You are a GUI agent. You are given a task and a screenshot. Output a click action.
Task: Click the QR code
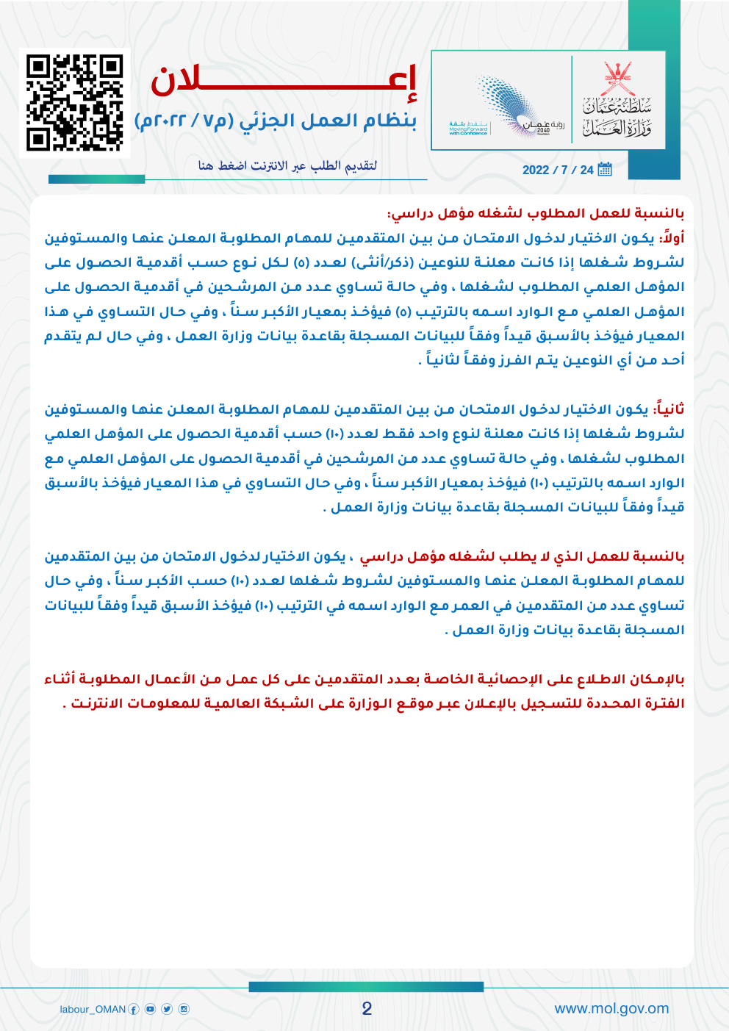(74, 103)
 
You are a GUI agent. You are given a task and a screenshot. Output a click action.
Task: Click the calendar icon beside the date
(605, 170)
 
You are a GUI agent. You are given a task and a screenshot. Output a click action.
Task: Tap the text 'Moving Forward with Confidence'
(468, 130)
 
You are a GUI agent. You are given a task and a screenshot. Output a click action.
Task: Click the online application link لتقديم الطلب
(287, 165)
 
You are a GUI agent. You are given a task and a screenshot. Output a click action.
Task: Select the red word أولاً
(672, 238)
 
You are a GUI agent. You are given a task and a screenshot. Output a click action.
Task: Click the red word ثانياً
(669, 409)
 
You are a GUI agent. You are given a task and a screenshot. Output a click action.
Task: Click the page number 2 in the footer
(367, 1008)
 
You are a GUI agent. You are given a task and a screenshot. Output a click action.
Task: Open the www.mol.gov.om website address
(611, 1008)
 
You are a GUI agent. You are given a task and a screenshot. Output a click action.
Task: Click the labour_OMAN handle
(93, 1009)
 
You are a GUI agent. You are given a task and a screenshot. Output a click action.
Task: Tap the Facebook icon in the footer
(134, 1009)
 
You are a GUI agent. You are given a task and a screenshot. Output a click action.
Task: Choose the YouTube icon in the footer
(150, 1009)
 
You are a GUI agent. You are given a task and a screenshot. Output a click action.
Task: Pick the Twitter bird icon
(167, 1009)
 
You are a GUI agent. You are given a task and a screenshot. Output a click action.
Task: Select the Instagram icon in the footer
(184, 1009)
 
